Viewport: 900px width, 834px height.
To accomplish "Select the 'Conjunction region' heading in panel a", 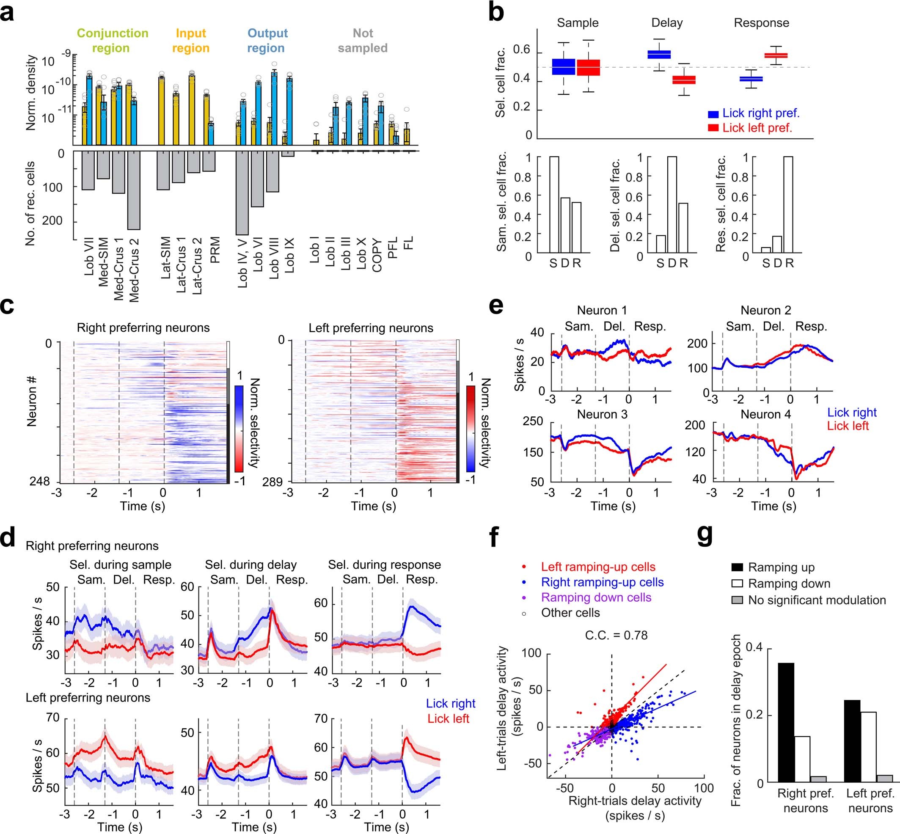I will (x=112, y=41).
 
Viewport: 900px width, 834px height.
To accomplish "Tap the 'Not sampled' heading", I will (x=363, y=41).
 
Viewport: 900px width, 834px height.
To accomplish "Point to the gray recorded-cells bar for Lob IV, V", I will (x=242, y=193).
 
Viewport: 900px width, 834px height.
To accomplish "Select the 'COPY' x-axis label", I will (x=377, y=255).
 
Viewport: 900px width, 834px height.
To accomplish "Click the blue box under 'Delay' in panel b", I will (x=659, y=54).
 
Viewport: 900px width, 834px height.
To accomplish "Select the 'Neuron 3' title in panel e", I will (x=602, y=414).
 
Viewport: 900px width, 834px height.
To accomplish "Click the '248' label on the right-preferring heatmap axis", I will (x=40, y=482).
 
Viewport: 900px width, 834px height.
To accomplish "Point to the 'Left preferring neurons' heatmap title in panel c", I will (x=371, y=328).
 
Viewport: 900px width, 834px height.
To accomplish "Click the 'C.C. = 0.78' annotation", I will (x=616, y=636).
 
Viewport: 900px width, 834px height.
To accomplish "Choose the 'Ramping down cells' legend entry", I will (x=596, y=597).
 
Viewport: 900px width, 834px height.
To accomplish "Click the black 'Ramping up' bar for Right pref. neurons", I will (x=786, y=722).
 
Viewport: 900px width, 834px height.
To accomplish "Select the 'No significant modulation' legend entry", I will (x=817, y=600).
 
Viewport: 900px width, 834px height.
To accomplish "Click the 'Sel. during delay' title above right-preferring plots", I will (x=250, y=564).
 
